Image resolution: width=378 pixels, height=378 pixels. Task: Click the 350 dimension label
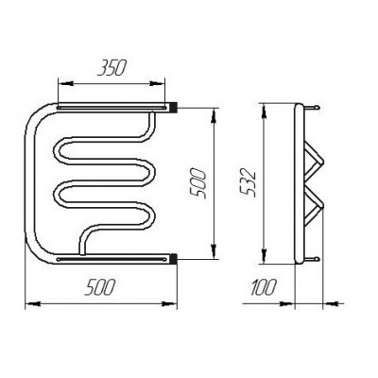(112, 68)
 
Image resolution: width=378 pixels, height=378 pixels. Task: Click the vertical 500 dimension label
(199, 182)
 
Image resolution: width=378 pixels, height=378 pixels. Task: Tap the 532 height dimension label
(248, 182)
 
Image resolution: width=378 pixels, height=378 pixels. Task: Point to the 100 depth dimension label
(264, 287)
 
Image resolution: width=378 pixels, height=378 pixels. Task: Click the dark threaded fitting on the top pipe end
(174, 107)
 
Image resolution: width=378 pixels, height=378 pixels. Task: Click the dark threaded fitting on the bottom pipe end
(174, 258)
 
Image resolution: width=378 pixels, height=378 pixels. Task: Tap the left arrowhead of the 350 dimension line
(66, 84)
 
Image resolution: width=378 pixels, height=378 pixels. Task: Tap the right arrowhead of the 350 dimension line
(157, 84)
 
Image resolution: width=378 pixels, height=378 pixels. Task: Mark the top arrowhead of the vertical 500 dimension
(214, 115)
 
